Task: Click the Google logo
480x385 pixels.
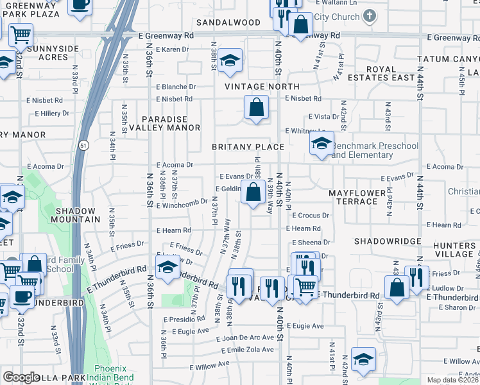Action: point(21,377)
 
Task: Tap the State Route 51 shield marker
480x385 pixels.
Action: point(83,146)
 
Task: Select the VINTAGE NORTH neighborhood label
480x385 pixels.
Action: point(262,86)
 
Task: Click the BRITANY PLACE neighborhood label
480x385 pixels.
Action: point(248,147)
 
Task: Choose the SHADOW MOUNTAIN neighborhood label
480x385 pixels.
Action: point(78,215)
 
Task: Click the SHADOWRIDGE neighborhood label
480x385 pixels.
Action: point(387,241)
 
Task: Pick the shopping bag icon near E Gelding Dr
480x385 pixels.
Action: point(254,192)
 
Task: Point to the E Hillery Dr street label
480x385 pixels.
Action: point(52,114)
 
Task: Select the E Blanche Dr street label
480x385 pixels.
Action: point(176,87)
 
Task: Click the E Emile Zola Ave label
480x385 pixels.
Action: point(247,350)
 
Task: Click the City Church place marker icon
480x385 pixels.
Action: point(369,17)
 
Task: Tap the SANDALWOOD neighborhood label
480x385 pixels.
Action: point(228,22)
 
